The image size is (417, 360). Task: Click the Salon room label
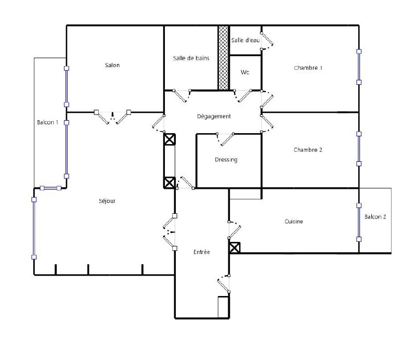(112, 65)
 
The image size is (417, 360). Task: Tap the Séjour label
(107, 201)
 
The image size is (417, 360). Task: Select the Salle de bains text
(191, 58)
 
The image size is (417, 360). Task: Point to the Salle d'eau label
(245, 40)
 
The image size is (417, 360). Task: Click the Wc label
(245, 72)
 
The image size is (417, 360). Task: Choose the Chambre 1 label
(308, 68)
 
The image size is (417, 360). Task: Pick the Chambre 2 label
(308, 150)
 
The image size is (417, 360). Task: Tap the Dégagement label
(214, 117)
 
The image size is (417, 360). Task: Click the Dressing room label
(226, 160)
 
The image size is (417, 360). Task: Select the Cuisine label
(294, 222)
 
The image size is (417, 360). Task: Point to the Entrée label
(202, 252)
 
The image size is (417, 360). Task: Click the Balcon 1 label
(48, 122)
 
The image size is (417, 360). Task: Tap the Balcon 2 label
(375, 217)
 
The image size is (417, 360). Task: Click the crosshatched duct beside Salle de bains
(224, 58)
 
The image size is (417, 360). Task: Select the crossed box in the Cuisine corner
(234, 248)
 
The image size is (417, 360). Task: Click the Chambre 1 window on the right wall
(359, 67)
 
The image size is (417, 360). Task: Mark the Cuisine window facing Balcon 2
(359, 222)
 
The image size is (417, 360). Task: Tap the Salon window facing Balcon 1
(67, 86)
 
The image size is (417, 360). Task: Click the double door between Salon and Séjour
(112, 117)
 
